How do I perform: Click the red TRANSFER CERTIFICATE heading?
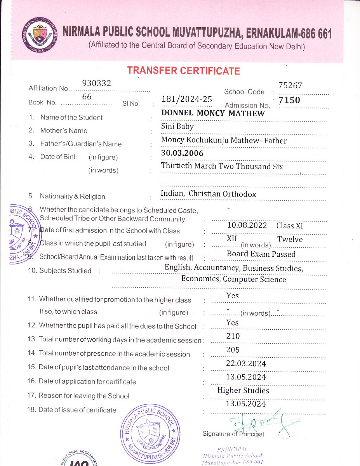[x=183, y=71]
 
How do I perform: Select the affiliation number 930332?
[x=97, y=83]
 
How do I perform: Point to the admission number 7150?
[x=289, y=100]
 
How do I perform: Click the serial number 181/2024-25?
[x=187, y=99]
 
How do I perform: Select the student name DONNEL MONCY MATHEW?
[x=213, y=113]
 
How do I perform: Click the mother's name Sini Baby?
[x=177, y=126]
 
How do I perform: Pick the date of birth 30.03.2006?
[x=182, y=153]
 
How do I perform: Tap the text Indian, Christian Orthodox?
[x=209, y=193]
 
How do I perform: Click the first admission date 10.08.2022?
[x=247, y=226]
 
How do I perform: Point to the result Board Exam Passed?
[x=261, y=254]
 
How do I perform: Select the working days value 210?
[x=233, y=336]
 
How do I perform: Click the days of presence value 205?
[x=233, y=350]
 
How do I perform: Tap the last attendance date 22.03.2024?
[x=246, y=363]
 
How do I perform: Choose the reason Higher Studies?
[x=243, y=390]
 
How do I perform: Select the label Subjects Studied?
[x=65, y=271]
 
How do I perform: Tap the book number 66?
[x=87, y=97]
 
